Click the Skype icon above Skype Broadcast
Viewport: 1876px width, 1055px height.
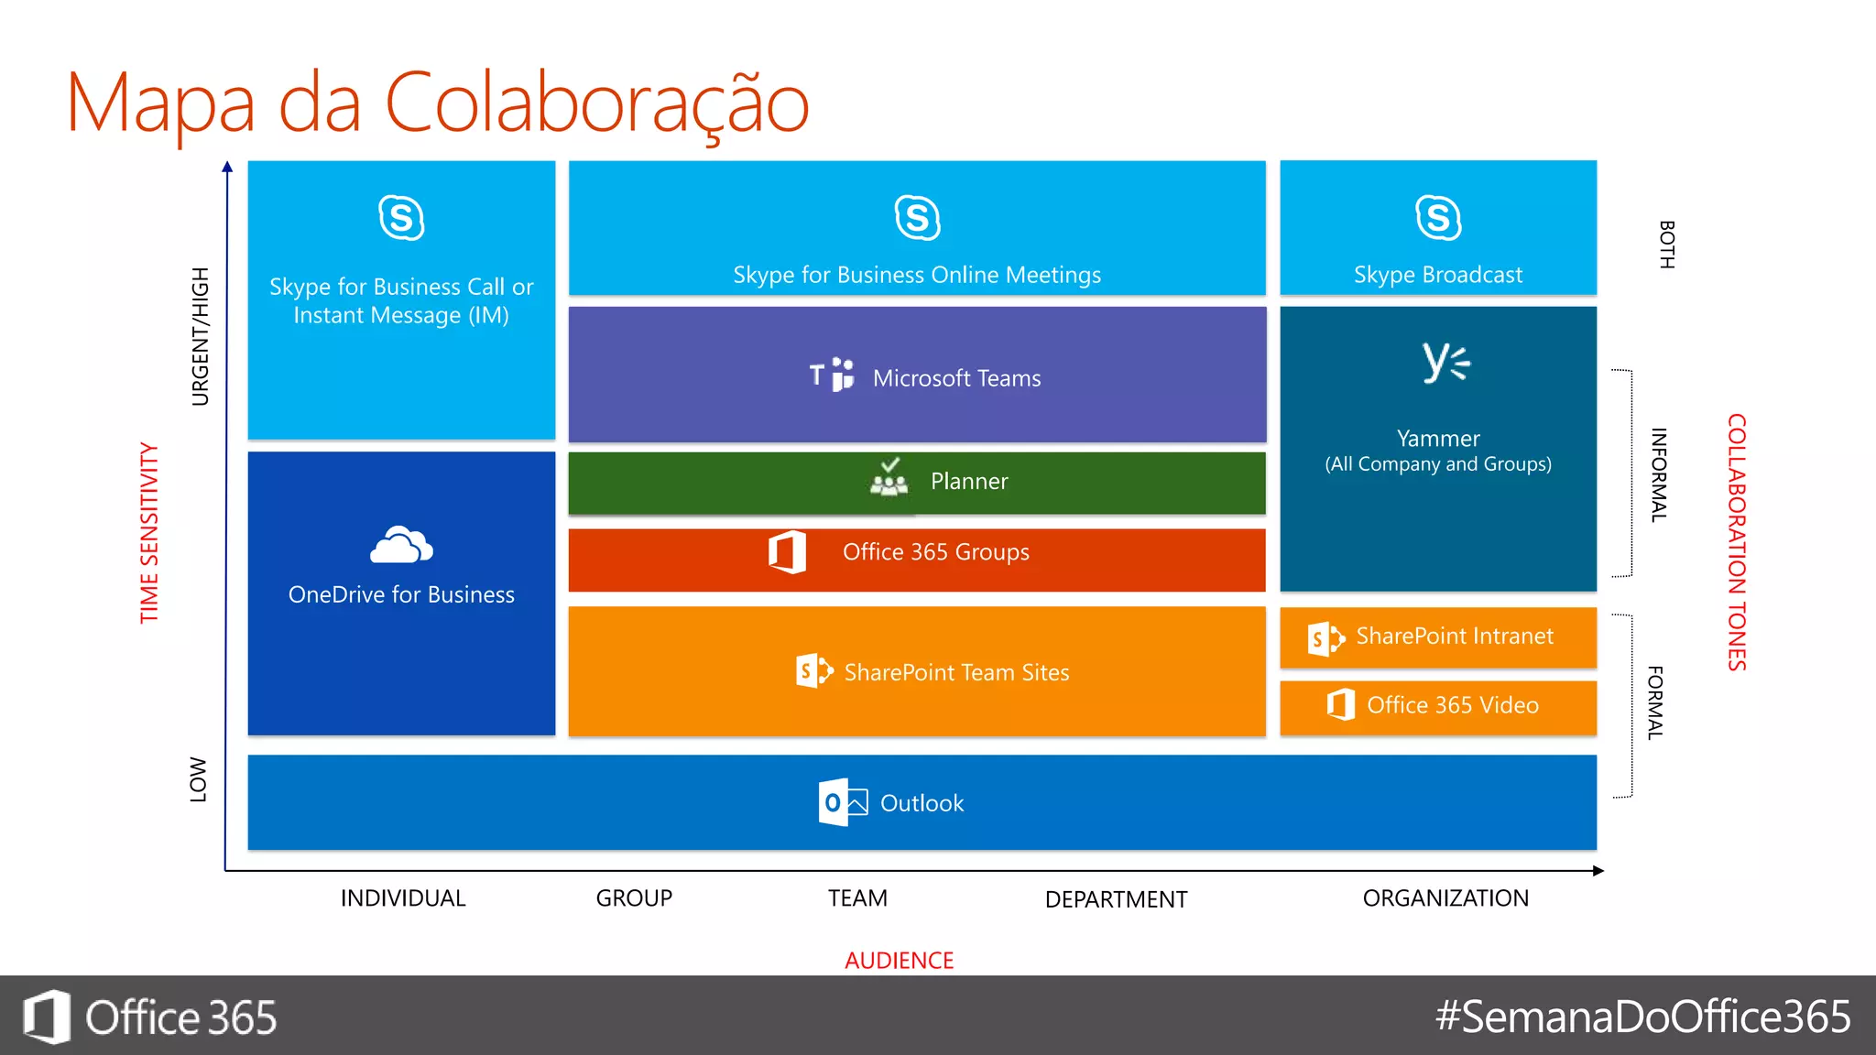1438,218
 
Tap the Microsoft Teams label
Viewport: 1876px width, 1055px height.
956,378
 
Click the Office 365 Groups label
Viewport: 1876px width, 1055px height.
935,552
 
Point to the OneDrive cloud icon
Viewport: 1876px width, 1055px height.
401,546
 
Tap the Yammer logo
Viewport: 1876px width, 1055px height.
1445,363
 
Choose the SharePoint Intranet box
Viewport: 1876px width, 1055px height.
1437,636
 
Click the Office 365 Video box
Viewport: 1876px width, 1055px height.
1437,705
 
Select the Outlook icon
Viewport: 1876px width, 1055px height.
842,802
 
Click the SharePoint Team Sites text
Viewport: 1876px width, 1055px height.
956,672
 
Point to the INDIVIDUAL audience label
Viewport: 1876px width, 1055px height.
403,898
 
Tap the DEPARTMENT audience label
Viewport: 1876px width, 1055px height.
1116,899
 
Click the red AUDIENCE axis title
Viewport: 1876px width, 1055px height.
899,960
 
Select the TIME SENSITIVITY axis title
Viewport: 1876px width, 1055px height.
149,533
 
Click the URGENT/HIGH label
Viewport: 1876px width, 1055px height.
200,336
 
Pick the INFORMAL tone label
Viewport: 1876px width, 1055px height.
1658,474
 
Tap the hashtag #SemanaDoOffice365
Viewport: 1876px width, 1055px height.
1642,1017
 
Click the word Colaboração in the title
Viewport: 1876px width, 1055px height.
596,103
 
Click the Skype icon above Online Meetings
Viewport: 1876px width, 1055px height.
917,218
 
